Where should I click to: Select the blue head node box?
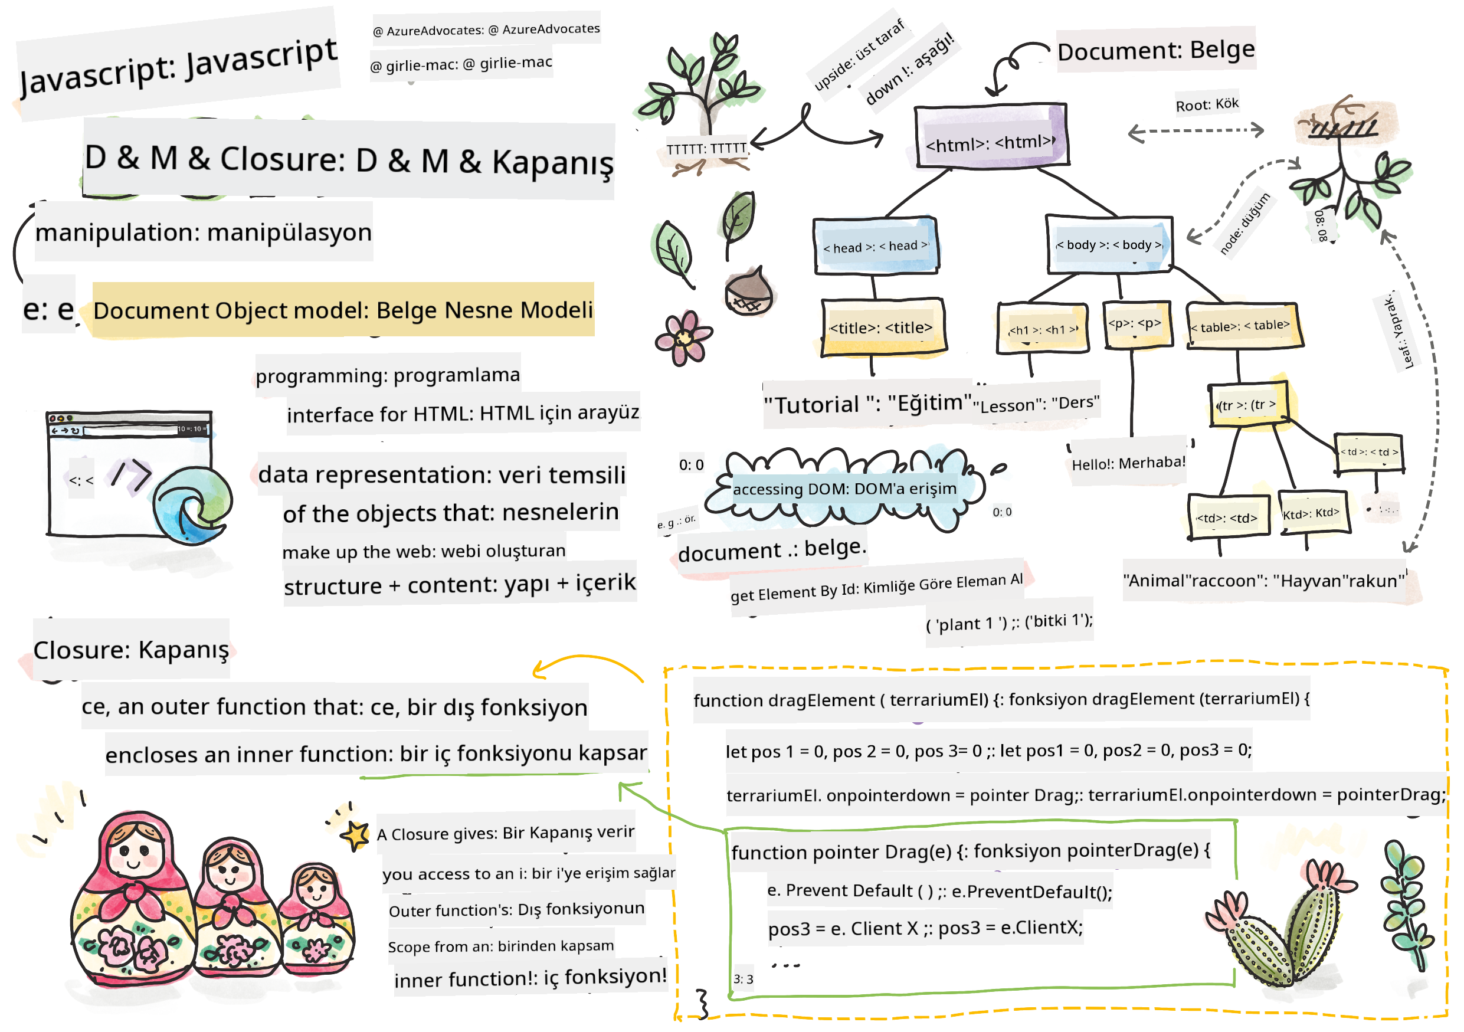coord(876,246)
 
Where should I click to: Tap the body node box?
coord(1109,245)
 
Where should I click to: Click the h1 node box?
coord(1043,329)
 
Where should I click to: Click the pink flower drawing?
coord(683,338)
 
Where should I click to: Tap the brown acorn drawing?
coord(749,293)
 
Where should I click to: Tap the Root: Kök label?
coord(1206,104)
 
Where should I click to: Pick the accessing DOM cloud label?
coord(844,489)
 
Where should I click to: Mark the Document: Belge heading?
coord(1155,50)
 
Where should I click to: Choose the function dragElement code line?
coord(1001,700)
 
